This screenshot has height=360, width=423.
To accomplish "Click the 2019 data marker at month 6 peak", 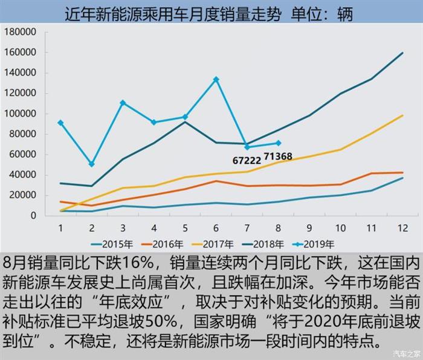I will point(216,79).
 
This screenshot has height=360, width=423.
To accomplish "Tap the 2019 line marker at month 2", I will point(91,164).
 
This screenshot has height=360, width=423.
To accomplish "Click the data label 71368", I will point(278,156).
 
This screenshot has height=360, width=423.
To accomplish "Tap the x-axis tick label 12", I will point(402,228).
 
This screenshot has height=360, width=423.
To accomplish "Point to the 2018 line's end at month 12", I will point(401,53).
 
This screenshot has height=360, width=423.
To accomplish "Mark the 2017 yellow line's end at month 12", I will point(401,115).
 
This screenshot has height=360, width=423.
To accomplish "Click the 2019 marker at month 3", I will point(123,103).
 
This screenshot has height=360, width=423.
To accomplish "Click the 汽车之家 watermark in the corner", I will point(404,353).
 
